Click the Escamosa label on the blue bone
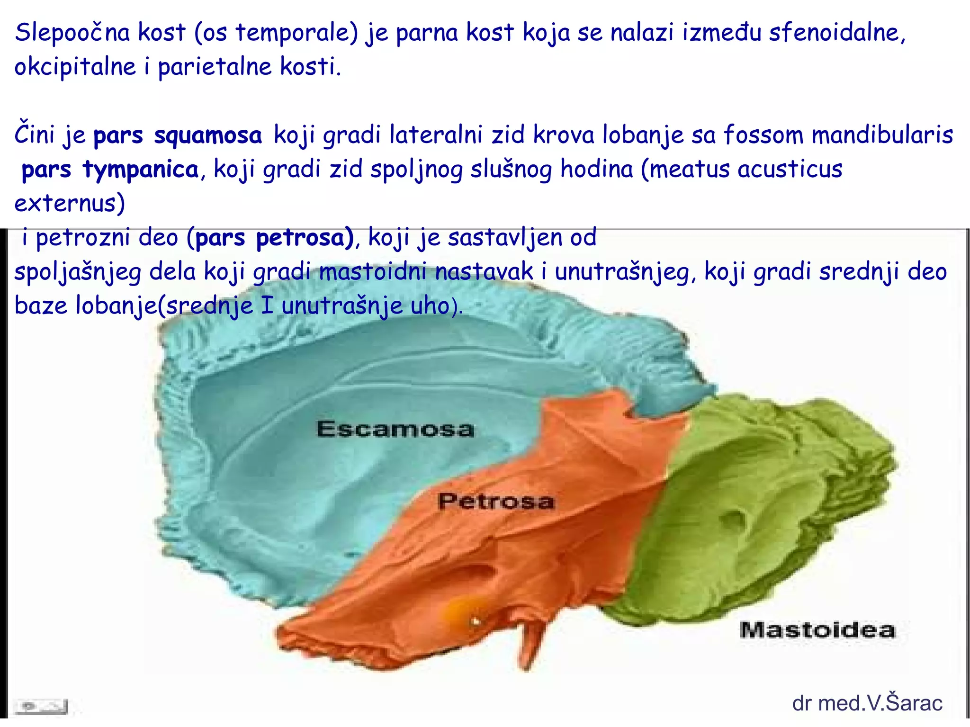tap(395, 429)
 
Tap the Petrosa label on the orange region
tap(495, 501)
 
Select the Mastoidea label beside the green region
tap(817, 630)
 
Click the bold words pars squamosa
tap(178, 135)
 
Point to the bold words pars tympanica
tap(110, 170)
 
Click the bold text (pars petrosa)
tap(270, 238)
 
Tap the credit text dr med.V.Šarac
tap(867, 703)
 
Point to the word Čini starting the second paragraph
tap(35, 135)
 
